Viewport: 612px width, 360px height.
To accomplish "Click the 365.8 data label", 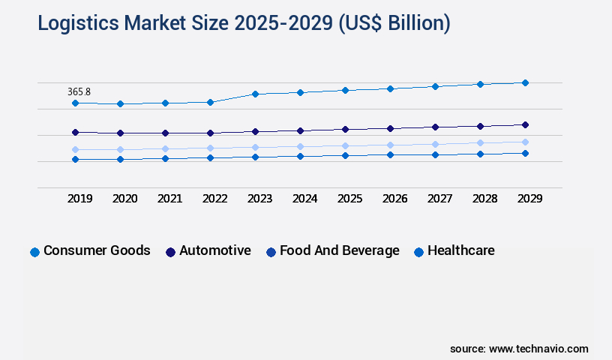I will coord(79,91).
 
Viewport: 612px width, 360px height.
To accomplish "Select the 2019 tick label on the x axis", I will coord(79,199).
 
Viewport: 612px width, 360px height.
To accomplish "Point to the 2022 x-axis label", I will coord(214,199).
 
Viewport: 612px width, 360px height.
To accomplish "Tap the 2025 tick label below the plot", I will coord(349,199).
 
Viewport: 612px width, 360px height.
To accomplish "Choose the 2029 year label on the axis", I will coord(529,199).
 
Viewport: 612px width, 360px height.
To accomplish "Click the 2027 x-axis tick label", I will coord(439,199).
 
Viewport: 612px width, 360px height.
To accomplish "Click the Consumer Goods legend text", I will coord(97,250).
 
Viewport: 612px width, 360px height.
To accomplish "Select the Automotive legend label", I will coord(215,250).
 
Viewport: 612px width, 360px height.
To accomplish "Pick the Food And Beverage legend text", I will coord(340,250).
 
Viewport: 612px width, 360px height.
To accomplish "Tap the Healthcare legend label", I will coord(461,250).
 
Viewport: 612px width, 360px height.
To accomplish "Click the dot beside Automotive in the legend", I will coord(170,252).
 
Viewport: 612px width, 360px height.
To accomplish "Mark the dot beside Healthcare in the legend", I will coord(419,252).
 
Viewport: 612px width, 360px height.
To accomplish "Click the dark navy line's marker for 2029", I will coord(525,124).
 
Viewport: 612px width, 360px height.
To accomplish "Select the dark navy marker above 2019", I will coord(75,132).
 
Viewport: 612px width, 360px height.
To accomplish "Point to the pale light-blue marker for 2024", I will coord(300,146).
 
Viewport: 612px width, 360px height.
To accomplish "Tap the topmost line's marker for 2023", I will coord(255,94).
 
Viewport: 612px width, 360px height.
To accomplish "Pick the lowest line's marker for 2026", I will coord(390,154).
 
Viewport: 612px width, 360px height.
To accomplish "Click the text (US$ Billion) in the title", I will coord(394,23).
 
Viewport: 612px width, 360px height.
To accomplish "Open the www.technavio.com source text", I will coord(538,349).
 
